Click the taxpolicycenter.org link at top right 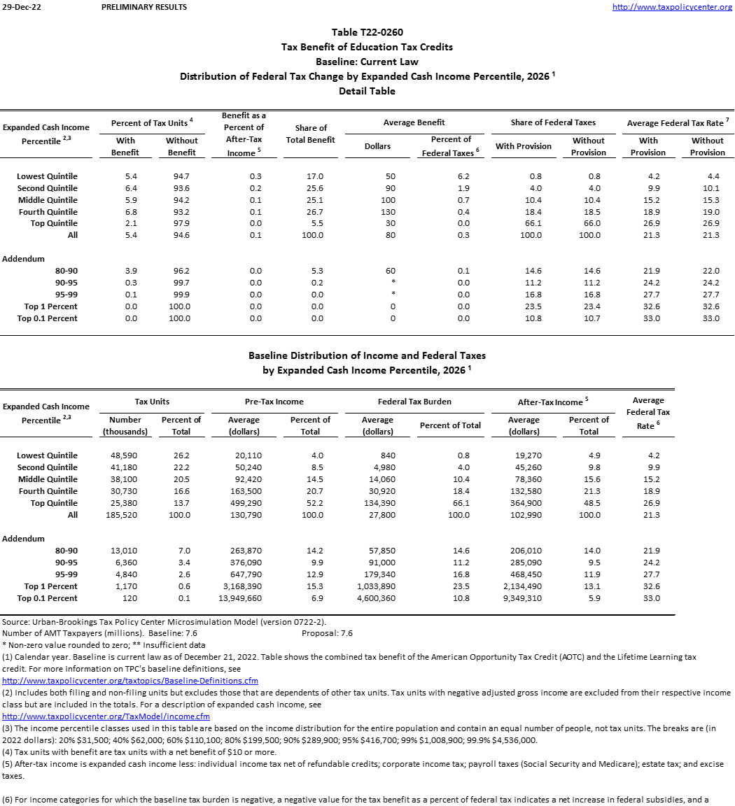[672, 7]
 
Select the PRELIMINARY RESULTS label [144, 7]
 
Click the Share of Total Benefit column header [311, 134]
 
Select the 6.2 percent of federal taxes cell [463, 176]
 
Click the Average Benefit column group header [414, 122]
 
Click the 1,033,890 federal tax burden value [377, 586]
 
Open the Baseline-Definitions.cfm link [130, 680]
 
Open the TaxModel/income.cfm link [106, 716]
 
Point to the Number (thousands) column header [125, 425]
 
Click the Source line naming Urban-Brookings [164, 622]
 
